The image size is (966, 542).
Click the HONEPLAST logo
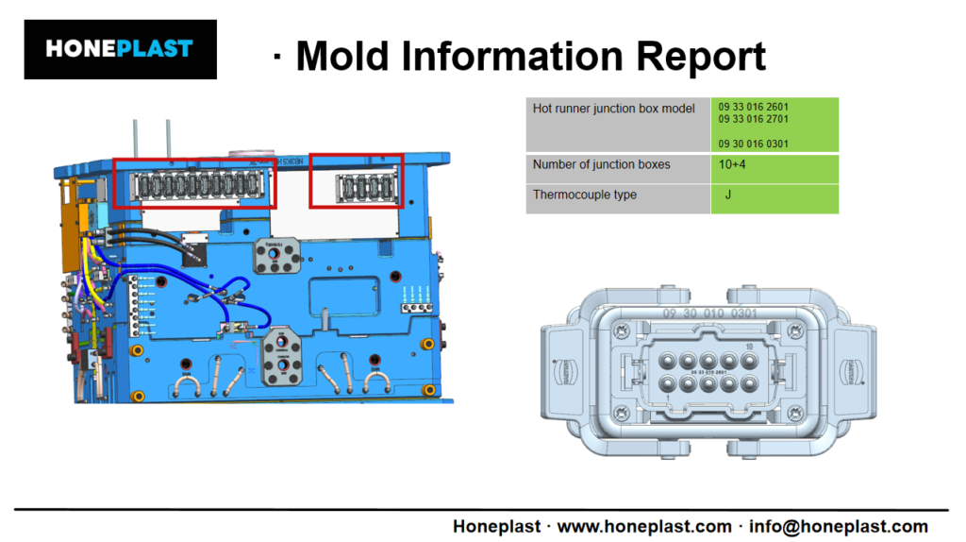119,48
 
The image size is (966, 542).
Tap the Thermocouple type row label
584,195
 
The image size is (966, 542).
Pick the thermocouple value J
728,195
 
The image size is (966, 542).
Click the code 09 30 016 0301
753,144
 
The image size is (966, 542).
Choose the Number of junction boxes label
601,165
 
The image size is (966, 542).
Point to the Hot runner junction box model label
613,109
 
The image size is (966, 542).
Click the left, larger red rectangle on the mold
194,182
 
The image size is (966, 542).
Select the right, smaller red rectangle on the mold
357,181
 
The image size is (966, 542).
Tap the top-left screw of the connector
622,331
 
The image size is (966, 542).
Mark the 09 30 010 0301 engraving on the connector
708,313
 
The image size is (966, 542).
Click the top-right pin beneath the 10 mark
749,360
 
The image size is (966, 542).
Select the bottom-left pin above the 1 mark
667,384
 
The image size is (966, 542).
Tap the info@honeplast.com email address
838,526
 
